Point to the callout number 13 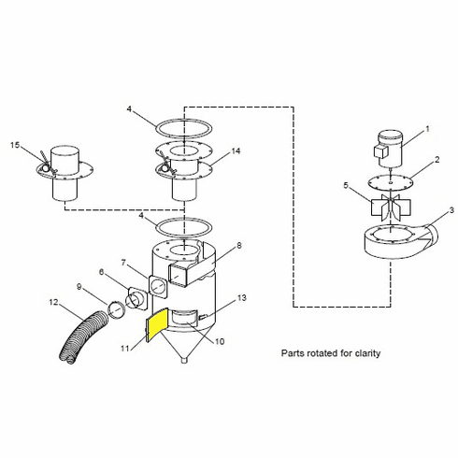242,298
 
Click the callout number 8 238,246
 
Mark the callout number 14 235,150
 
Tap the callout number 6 114,273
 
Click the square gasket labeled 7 159,284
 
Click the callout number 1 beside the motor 428,129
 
